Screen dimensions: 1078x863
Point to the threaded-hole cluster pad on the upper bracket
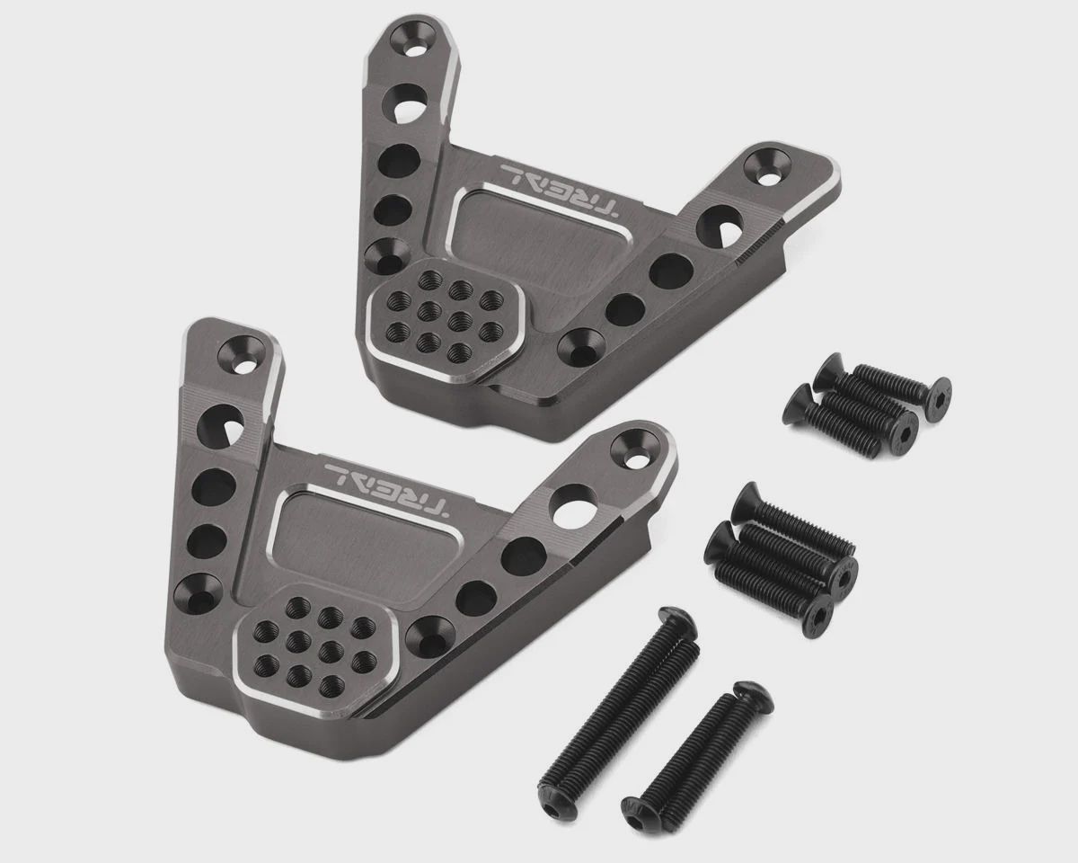click(x=446, y=316)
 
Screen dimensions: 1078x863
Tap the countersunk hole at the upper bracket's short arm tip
click(x=766, y=168)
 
